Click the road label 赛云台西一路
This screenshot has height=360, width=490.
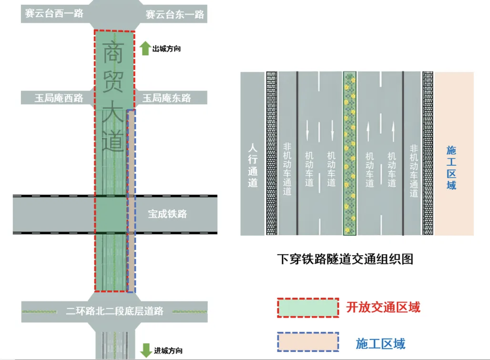click(54, 13)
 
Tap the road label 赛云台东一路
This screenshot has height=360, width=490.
click(175, 14)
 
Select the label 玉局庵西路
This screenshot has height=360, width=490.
click(59, 98)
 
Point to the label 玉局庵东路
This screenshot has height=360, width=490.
click(167, 98)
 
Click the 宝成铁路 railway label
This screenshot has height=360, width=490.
click(168, 214)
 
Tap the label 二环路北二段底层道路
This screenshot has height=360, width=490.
click(115, 311)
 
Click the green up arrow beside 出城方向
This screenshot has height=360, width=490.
click(145, 48)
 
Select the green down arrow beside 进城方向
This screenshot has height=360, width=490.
click(146, 350)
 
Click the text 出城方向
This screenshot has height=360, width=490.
click(167, 49)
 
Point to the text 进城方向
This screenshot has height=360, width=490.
click(168, 351)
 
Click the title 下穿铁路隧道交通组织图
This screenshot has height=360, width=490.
click(345, 259)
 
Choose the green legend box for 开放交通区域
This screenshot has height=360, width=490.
click(308, 308)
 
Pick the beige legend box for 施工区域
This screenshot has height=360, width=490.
click(308, 342)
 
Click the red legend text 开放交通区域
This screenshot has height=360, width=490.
click(383, 307)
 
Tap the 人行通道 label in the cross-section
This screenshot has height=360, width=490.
click(253, 166)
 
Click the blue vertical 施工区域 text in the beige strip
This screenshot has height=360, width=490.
click(451, 168)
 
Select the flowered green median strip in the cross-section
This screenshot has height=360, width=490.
click(350, 153)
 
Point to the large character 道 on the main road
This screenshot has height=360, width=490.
click(113, 140)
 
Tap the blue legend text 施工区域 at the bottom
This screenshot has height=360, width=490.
click(381, 344)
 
